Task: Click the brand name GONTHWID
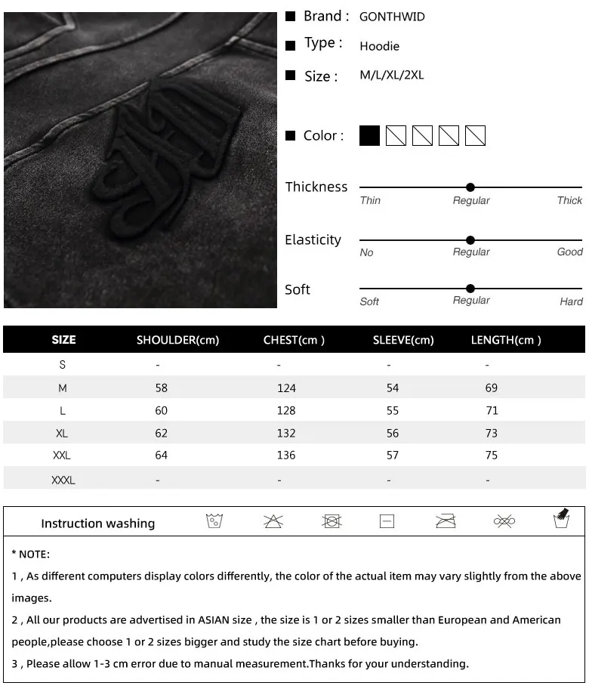(x=392, y=17)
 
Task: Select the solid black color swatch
(x=369, y=136)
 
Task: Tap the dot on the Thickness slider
(x=470, y=187)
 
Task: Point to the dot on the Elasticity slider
(x=470, y=240)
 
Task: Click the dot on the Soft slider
(x=470, y=289)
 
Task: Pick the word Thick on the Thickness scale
(x=569, y=201)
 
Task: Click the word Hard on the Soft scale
(x=571, y=301)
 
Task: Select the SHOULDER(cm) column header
(x=177, y=340)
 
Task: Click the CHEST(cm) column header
(x=294, y=340)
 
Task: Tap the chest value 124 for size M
(x=286, y=388)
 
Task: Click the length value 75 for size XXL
(x=492, y=456)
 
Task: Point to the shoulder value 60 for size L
(x=161, y=411)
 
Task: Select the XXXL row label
(x=63, y=480)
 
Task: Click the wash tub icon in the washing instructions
(x=214, y=521)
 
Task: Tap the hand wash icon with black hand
(x=561, y=519)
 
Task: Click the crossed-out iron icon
(x=446, y=521)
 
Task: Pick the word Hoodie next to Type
(x=379, y=47)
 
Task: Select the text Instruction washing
(x=97, y=524)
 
